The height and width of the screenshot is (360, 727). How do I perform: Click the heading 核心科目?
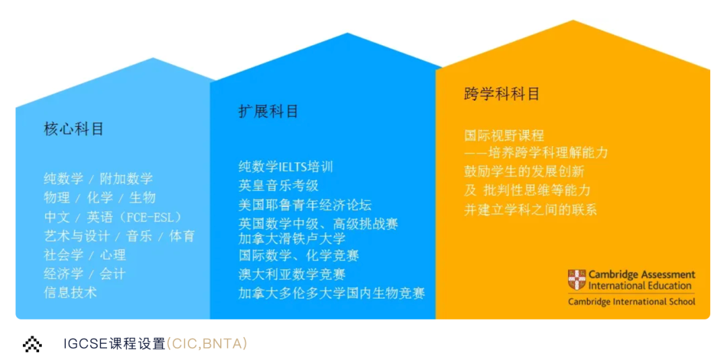[x=74, y=129]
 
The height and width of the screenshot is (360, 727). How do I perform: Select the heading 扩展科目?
[x=269, y=111]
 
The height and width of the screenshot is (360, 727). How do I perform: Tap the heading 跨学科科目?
[x=501, y=94]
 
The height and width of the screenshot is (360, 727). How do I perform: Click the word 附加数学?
[x=127, y=178]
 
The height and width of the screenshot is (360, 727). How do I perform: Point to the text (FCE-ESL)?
[x=147, y=217]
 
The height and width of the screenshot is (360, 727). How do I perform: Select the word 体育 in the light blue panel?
[x=182, y=236]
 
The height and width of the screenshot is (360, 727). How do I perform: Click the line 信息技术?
[x=71, y=292]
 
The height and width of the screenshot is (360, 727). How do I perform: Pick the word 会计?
[x=112, y=273]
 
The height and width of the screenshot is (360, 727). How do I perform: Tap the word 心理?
[x=112, y=254]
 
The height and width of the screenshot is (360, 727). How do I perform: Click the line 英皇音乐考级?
[x=279, y=186]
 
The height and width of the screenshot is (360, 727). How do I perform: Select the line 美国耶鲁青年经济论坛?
[x=305, y=205]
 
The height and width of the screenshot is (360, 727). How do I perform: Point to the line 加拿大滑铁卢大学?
[x=292, y=239]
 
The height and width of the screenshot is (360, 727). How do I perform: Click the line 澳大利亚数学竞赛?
[x=292, y=275]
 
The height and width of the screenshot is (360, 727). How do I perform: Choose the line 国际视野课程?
[x=504, y=136]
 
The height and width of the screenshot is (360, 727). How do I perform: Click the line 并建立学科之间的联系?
[x=530, y=209]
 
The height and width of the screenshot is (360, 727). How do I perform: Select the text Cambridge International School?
[x=632, y=301]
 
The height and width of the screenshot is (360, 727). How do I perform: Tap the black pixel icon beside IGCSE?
[x=32, y=344]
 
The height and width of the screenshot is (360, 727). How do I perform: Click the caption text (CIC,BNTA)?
[x=207, y=344]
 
